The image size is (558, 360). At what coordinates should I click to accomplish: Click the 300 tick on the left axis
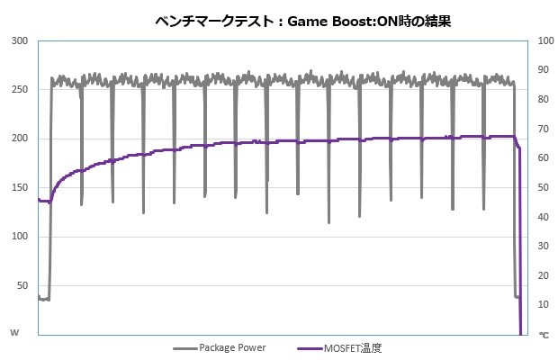tap(20, 41)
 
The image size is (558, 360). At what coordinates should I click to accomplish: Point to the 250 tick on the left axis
tap(20, 90)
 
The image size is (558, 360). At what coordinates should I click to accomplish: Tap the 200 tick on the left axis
tap(20, 139)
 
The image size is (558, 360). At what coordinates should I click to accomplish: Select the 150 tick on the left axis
tap(20, 187)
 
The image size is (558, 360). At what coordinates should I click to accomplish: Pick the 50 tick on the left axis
tap(22, 285)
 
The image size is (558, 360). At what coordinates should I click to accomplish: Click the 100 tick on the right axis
tap(543, 41)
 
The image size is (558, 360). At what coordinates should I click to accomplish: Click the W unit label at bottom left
tap(14, 333)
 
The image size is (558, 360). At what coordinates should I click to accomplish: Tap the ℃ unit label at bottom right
tap(543, 334)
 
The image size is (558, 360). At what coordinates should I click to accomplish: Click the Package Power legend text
tap(231, 346)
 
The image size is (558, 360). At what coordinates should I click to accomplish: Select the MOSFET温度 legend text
tap(357, 346)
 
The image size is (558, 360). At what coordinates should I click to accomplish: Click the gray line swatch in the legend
tap(184, 346)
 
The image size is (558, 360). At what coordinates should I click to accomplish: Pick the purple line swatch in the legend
tap(309, 346)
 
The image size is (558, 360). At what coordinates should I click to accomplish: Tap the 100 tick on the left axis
tap(20, 237)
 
